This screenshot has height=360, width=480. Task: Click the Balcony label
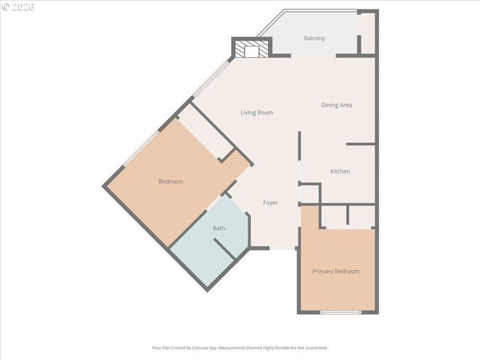(x=314, y=38)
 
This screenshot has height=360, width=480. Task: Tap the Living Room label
(x=256, y=112)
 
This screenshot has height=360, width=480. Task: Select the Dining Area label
(x=337, y=105)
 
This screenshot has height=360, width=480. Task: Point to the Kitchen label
(x=340, y=172)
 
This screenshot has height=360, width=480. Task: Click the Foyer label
(x=270, y=202)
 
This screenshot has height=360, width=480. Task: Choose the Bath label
(x=219, y=228)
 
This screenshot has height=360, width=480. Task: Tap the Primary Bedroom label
(x=336, y=271)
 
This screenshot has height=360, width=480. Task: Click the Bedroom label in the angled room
(x=171, y=181)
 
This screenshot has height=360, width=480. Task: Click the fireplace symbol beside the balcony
(x=250, y=49)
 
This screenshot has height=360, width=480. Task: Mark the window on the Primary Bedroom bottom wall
(x=340, y=312)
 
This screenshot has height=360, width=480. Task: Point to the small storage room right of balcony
(x=367, y=34)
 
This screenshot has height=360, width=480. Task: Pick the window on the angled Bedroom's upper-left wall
(x=140, y=148)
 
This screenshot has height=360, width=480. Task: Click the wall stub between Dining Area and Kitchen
(x=361, y=143)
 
